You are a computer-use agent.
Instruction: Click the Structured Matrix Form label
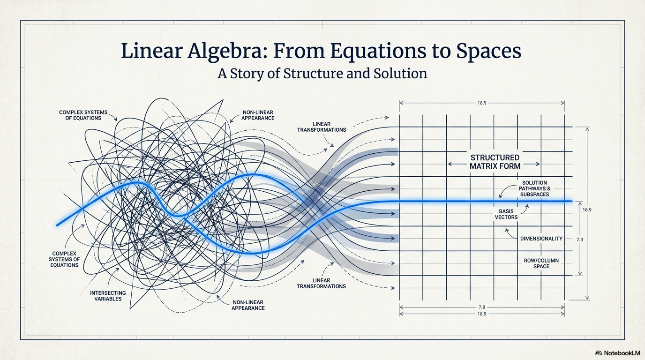pos(495,161)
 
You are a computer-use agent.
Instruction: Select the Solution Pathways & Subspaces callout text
pos(534,188)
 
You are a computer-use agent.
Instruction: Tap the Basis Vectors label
pos(506,214)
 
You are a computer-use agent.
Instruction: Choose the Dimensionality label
pos(541,239)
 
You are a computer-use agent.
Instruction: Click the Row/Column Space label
pos(541,263)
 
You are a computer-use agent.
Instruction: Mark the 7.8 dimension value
pos(481,307)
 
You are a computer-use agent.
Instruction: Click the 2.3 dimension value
pos(579,240)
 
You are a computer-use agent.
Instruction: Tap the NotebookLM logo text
pos(622,353)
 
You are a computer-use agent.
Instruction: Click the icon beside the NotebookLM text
pos(599,353)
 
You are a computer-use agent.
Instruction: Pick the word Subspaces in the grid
pos(534,194)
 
